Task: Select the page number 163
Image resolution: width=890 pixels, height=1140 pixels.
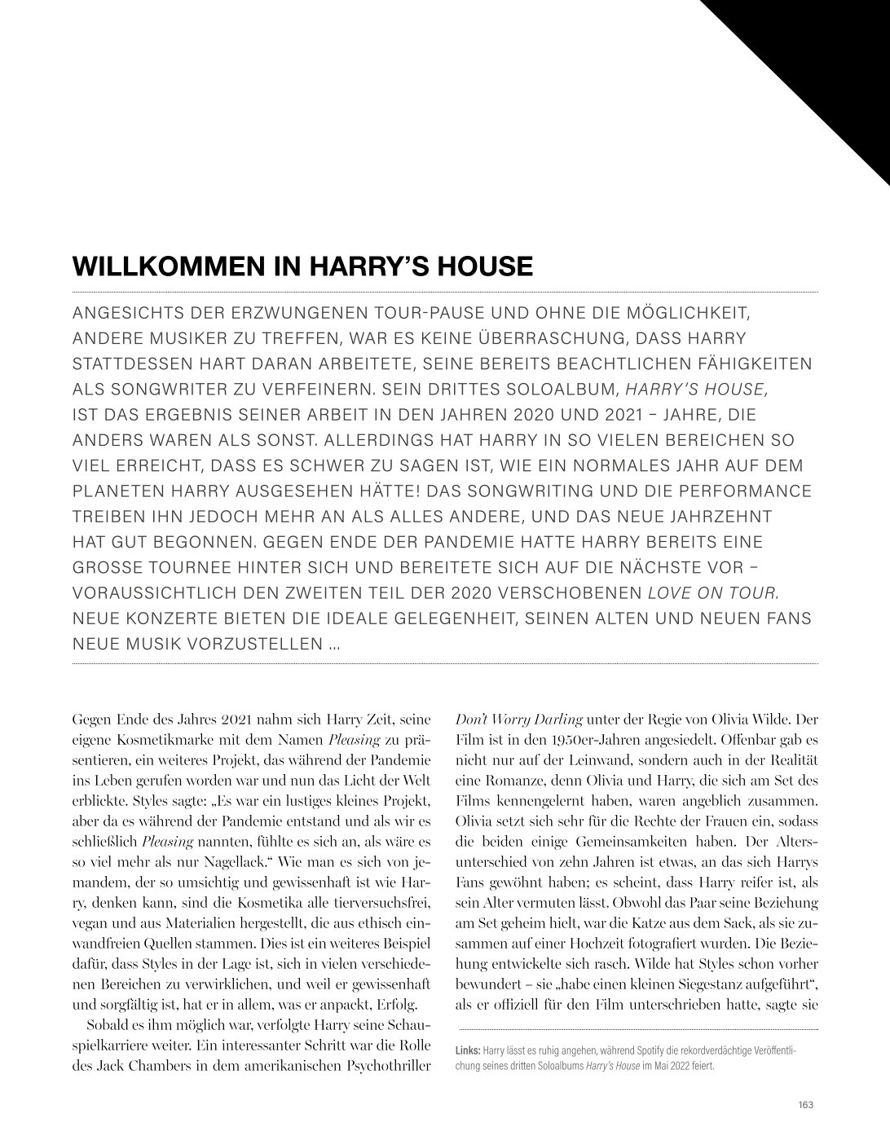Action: [807, 1105]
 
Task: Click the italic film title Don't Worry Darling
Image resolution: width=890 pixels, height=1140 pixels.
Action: [518, 720]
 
